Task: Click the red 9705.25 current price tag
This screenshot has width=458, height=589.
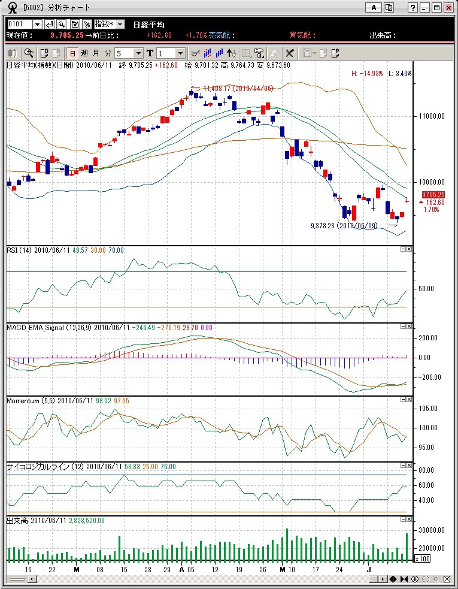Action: (433, 195)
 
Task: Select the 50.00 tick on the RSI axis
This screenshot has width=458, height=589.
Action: (426, 288)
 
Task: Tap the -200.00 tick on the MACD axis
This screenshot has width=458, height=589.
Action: (428, 377)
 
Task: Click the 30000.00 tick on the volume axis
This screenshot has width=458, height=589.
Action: (430, 531)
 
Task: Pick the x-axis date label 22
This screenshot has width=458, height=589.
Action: (52, 569)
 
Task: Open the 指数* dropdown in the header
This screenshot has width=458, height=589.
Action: (109, 24)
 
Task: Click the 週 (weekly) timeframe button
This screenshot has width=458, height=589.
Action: (84, 53)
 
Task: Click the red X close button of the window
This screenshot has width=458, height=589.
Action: (448, 8)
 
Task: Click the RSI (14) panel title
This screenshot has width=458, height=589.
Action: (22, 249)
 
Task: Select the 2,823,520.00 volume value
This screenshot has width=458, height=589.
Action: (87, 521)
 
